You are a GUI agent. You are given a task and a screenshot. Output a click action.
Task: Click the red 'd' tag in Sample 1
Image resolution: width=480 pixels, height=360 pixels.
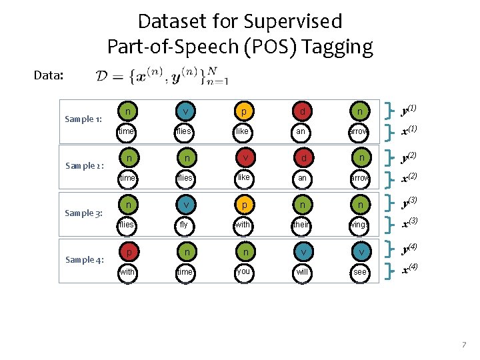(x=301, y=111)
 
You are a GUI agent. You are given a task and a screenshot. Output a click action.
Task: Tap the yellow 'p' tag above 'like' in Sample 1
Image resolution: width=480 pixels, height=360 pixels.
(x=243, y=111)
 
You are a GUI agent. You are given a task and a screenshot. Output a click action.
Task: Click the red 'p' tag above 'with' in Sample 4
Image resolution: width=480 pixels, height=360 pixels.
(x=127, y=252)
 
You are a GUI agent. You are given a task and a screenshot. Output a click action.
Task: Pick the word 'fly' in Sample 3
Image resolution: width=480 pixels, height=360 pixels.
(x=184, y=225)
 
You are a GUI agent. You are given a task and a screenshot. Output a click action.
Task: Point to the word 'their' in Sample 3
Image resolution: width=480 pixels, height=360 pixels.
(x=301, y=225)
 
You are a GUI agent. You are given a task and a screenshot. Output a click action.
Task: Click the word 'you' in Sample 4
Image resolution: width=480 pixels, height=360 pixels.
(x=243, y=271)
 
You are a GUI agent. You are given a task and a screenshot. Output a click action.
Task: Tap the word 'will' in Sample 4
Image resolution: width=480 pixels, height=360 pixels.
(x=301, y=272)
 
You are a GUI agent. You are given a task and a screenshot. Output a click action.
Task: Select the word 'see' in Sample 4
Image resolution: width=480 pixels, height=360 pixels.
(x=360, y=272)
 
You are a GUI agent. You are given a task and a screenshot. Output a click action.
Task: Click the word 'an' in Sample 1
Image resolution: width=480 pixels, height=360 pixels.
(x=301, y=131)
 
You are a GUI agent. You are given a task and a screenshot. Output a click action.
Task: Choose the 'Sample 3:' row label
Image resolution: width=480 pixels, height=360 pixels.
(x=83, y=213)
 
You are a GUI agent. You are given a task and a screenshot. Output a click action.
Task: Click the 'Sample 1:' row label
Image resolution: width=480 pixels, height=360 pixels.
(x=83, y=119)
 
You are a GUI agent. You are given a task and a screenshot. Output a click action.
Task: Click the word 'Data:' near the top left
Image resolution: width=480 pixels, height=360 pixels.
(x=49, y=75)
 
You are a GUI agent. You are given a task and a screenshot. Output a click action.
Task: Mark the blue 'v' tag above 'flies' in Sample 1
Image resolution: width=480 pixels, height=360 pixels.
(x=184, y=111)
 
